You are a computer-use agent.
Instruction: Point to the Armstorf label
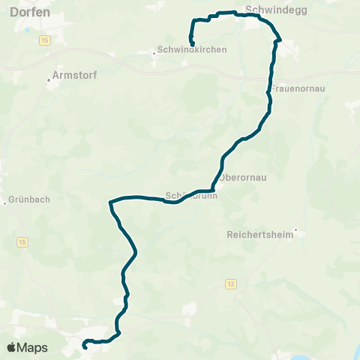click(75, 75)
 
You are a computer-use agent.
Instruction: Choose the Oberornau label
click(244, 177)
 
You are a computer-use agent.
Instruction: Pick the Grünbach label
click(28, 201)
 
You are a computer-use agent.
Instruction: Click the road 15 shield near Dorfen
click(45, 39)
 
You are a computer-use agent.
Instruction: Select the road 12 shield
click(229, 283)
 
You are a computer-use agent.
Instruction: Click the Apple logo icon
click(12, 347)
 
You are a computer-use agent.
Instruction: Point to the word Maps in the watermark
click(33, 347)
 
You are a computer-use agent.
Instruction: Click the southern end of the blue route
click(85, 346)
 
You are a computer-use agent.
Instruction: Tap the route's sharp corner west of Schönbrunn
click(110, 201)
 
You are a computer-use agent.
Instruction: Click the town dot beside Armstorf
click(49, 82)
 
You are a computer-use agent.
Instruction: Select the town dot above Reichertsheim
click(296, 229)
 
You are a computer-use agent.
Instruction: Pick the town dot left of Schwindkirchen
click(153, 51)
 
